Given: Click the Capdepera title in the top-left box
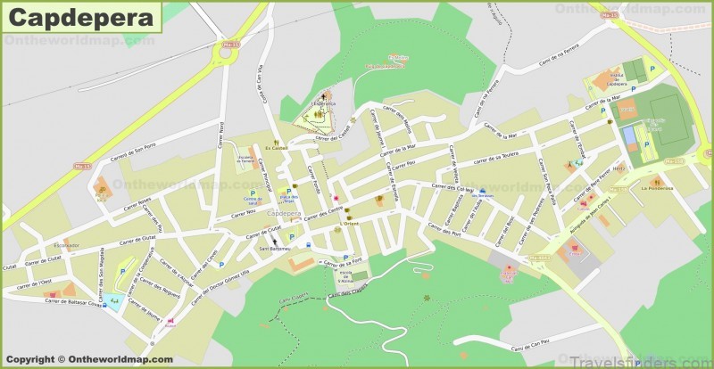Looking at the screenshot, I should [80, 16].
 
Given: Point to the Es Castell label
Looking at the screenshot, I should [277, 149].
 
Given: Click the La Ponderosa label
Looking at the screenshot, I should [655, 188].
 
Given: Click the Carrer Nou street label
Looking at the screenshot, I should [245, 213].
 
